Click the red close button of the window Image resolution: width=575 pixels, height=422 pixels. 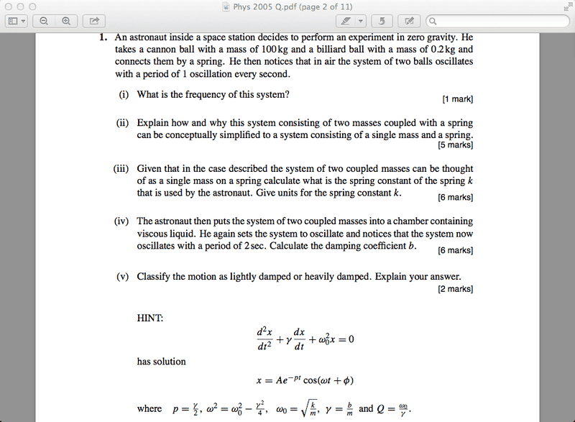pos(8,6)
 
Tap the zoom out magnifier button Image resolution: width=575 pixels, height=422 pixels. pos(44,21)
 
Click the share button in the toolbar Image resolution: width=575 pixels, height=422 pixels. pos(93,21)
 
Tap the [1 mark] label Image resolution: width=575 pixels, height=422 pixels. pos(458,99)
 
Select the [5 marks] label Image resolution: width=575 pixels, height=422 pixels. pos(456,145)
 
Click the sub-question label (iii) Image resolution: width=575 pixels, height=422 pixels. pos(121,169)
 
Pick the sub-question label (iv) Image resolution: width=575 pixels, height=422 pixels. pos(121,221)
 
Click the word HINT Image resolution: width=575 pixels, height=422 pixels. pos(150,316)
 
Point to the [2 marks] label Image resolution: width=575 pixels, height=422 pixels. pos(456,289)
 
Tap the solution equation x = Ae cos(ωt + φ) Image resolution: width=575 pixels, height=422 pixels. pos(306,380)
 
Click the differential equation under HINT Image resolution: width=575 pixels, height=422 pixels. pos(305,339)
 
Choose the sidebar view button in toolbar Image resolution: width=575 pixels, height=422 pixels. pos(16,21)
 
